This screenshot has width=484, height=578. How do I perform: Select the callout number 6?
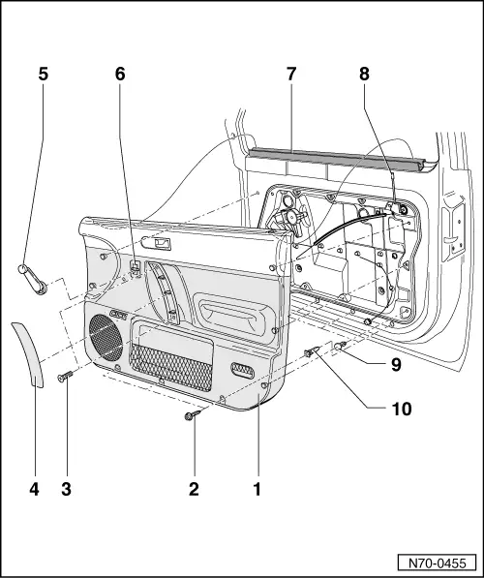click(120, 73)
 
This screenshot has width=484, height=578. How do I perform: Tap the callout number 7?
click(291, 73)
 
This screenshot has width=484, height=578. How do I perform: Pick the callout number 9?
click(397, 366)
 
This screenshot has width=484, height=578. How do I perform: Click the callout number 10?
click(400, 409)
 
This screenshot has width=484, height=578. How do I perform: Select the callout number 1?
click(257, 489)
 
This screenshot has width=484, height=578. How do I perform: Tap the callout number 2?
click(194, 489)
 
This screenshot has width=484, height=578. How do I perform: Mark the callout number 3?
click(67, 489)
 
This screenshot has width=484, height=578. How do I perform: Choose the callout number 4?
click(33, 489)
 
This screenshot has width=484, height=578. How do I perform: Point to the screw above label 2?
click(192, 415)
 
